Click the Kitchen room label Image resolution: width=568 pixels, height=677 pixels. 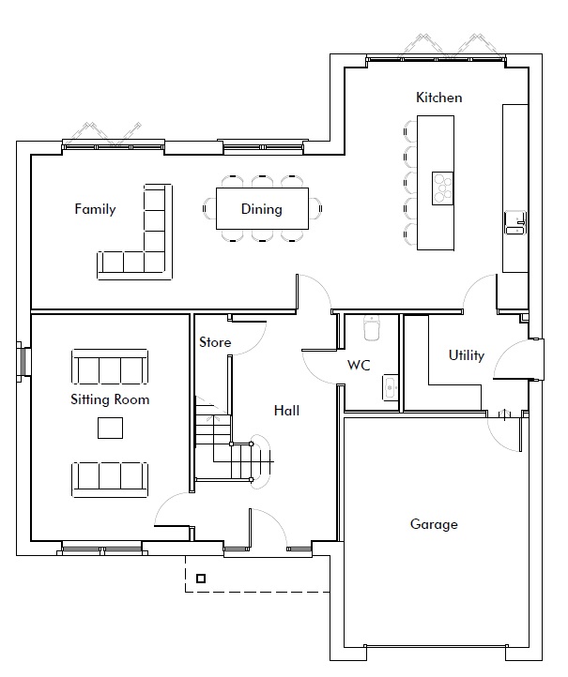[x=438, y=98]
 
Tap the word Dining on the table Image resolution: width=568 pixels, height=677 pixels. [x=262, y=209]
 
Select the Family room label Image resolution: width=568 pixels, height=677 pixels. [x=95, y=209]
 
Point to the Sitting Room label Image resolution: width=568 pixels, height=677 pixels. [x=110, y=399]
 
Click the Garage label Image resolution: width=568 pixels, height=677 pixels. [x=434, y=524]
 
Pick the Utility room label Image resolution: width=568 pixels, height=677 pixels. [x=467, y=355]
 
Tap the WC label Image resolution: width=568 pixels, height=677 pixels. [x=359, y=366]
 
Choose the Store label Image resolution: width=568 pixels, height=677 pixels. [x=215, y=342]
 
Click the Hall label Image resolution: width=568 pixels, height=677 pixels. [x=286, y=410]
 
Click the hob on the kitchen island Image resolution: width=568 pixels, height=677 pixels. [x=442, y=188]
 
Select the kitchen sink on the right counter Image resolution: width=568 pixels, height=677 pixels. [x=515, y=222]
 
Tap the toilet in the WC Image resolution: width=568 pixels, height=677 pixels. [x=372, y=327]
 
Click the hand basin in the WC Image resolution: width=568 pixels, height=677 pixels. [x=391, y=387]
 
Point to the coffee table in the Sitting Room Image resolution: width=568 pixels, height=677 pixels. [x=110, y=428]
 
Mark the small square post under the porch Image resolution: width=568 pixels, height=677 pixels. [x=201, y=579]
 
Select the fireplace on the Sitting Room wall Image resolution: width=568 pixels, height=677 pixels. [x=23, y=362]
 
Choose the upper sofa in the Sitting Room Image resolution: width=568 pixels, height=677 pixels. [x=110, y=367]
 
